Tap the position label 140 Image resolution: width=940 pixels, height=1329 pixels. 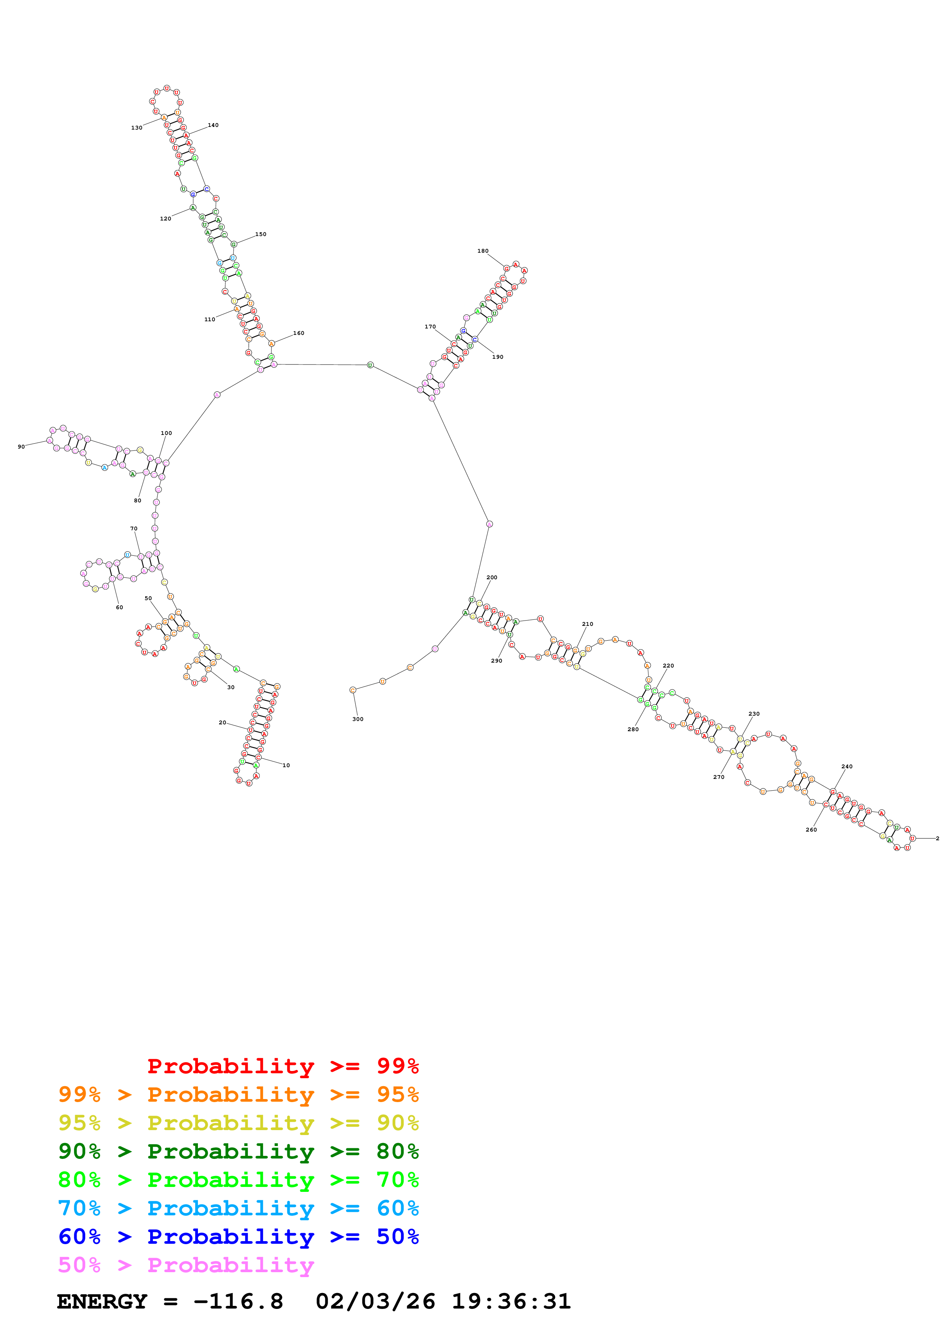(213, 125)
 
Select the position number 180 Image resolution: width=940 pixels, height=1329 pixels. (482, 251)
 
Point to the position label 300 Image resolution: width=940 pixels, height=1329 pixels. (358, 719)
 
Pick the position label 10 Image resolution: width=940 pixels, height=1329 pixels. (286, 765)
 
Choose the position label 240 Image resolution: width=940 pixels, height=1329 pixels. (847, 766)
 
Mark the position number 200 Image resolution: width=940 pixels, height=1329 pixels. (492, 577)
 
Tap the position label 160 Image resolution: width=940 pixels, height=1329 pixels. (298, 333)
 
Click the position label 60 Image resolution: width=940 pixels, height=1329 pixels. (119, 607)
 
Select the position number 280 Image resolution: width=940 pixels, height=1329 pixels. (633, 729)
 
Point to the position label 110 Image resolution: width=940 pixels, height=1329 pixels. (210, 319)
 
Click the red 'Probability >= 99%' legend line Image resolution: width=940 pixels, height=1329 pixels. (282, 1066)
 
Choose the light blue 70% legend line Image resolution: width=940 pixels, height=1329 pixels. (238, 1208)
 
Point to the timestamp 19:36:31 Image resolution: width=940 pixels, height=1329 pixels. (511, 1301)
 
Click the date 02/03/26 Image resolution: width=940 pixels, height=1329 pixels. (375, 1301)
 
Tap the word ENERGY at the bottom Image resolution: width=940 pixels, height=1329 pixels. (102, 1301)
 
